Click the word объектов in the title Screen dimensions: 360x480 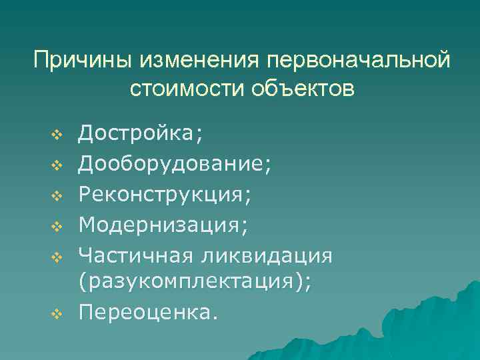point(303,89)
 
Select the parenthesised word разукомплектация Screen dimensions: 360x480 point(193,283)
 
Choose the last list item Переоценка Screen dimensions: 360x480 point(147,312)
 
